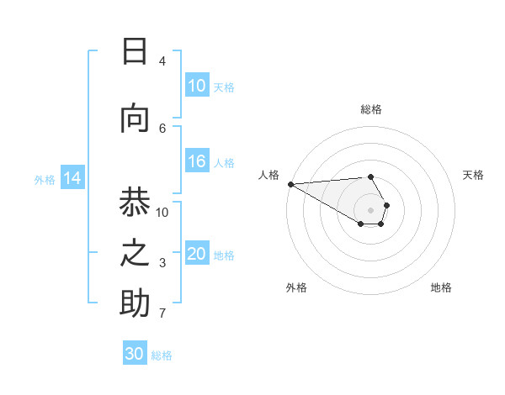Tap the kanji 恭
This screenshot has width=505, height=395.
(x=135, y=203)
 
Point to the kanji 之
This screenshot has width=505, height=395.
(x=135, y=252)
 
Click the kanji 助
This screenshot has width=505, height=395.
(x=135, y=303)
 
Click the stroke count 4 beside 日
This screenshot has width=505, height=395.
(x=162, y=61)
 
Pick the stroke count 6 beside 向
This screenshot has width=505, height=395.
(x=162, y=128)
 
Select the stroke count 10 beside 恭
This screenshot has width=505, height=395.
(x=162, y=212)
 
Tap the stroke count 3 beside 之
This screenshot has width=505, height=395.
(x=162, y=263)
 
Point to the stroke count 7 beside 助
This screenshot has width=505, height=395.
(x=162, y=313)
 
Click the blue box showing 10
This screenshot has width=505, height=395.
(x=197, y=86)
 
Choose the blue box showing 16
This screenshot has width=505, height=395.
(x=197, y=161)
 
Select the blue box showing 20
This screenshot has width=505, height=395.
(x=197, y=254)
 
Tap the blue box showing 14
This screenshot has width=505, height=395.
(x=72, y=178)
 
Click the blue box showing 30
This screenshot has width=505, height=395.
(x=135, y=354)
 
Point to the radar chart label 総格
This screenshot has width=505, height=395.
(x=370, y=109)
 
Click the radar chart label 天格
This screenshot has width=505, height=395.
(x=474, y=175)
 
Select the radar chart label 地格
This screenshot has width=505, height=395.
(x=441, y=287)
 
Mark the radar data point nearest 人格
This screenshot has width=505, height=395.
(x=290, y=183)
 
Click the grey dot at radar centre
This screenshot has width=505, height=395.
(x=370, y=209)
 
